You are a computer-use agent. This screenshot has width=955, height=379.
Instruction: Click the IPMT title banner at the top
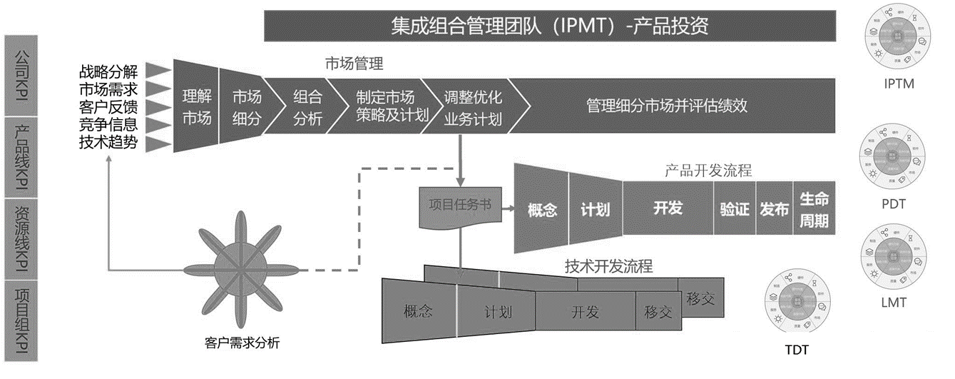549,26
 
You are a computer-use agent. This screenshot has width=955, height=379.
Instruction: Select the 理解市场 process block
196,108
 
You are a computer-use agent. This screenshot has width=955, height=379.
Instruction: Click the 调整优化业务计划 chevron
473,108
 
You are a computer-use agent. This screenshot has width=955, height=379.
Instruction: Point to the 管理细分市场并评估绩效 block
667,106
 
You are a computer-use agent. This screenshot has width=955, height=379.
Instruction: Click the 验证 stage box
734,208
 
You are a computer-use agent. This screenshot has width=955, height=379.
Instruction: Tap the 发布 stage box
774,208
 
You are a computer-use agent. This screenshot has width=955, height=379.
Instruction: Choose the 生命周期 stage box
814,208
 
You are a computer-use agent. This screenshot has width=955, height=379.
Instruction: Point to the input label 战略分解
108,71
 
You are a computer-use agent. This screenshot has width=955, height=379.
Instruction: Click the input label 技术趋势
108,142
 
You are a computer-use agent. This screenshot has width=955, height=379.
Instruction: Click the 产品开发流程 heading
708,171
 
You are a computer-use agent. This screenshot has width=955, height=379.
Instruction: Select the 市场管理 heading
354,64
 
